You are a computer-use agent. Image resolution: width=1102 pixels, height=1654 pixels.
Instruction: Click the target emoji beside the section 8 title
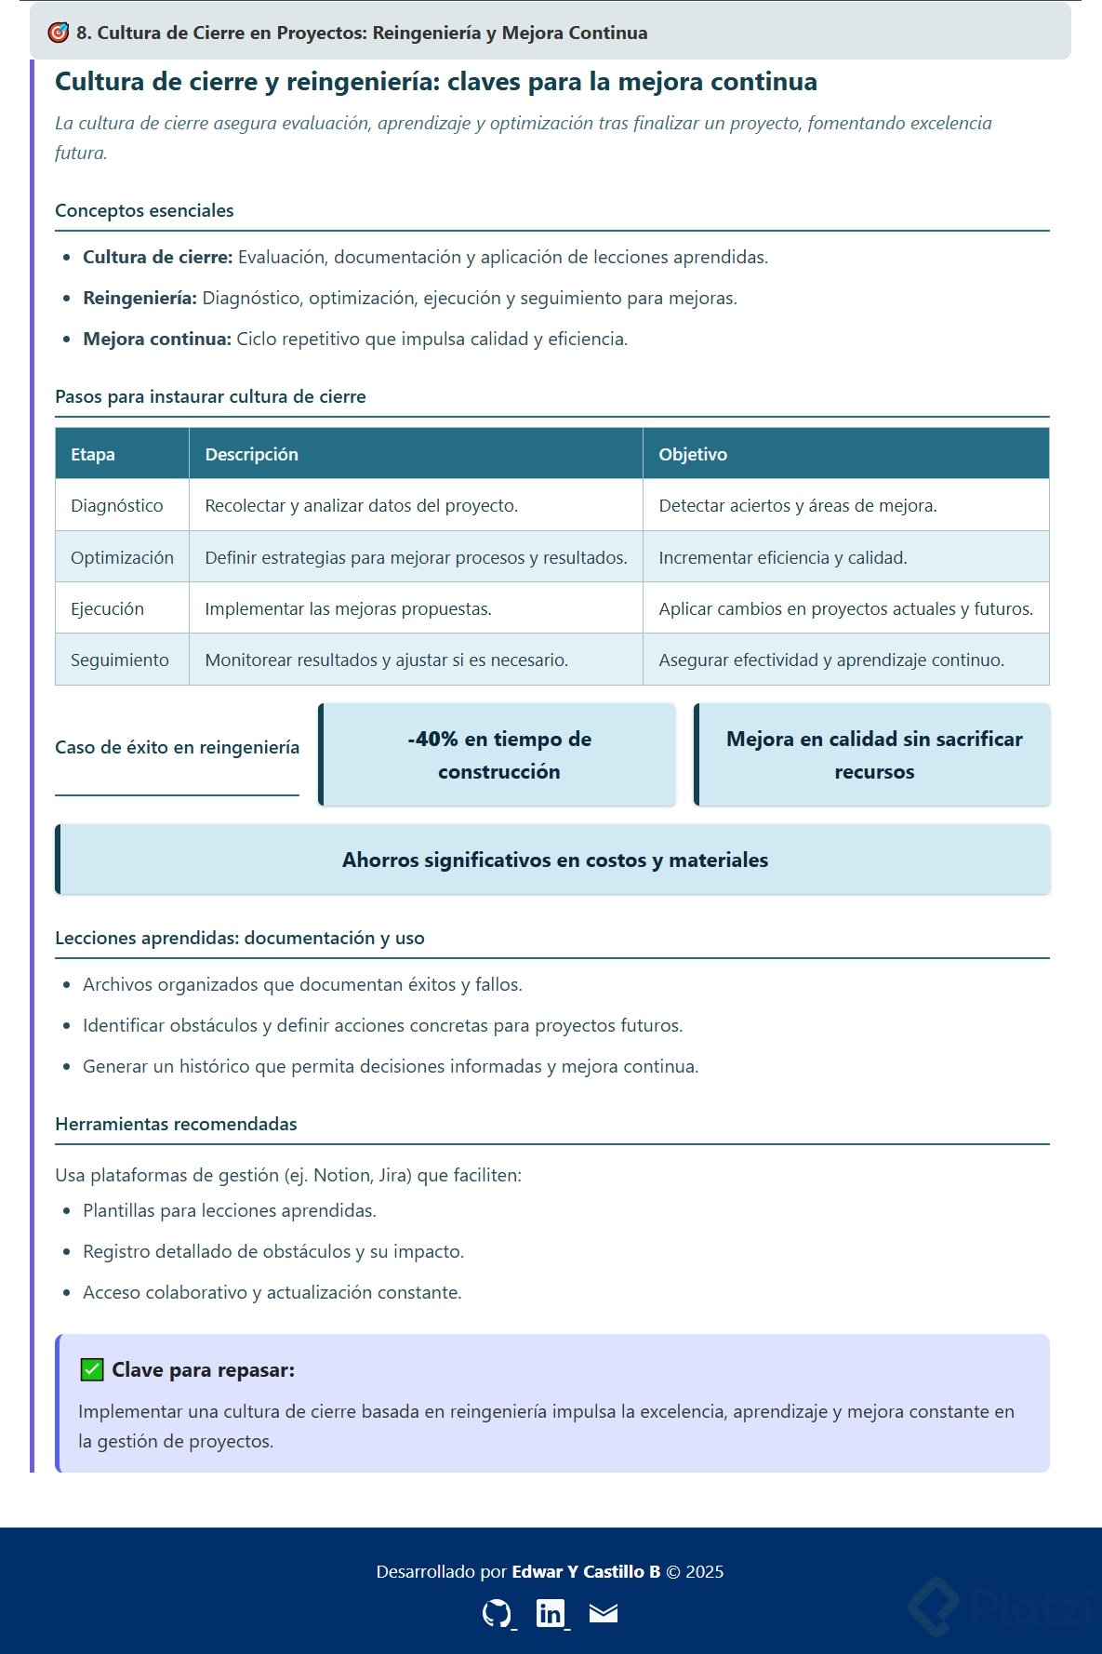tap(59, 33)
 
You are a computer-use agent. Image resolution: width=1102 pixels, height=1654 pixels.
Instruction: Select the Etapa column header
tap(93, 454)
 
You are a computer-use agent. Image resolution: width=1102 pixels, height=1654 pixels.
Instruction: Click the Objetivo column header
tap(693, 454)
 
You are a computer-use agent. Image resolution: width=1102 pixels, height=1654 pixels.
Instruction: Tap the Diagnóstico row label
tap(117, 505)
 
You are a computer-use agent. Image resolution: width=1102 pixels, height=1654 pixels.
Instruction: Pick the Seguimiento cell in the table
tap(120, 660)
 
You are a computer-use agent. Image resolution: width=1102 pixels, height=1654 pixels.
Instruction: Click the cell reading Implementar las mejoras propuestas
tap(348, 608)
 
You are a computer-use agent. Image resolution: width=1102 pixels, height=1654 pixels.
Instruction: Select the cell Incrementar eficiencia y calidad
tap(782, 557)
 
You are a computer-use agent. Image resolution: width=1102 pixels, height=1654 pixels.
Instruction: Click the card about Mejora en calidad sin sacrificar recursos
tap(873, 754)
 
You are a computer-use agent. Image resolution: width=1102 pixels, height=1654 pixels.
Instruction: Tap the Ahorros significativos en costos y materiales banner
tap(554, 860)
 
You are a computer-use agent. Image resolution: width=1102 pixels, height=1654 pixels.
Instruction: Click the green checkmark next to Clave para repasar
tap(91, 1369)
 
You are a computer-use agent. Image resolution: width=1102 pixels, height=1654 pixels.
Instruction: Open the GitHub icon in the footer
tap(497, 1612)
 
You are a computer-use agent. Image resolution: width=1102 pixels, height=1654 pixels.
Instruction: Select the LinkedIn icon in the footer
tap(551, 1612)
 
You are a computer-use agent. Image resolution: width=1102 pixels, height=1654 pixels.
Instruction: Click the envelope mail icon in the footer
tap(604, 1612)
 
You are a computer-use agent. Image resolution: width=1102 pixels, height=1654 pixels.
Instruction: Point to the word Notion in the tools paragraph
tap(340, 1175)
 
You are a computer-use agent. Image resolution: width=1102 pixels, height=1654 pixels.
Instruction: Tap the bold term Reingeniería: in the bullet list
tap(139, 298)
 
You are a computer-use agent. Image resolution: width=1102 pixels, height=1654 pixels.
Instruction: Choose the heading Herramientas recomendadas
tap(176, 1124)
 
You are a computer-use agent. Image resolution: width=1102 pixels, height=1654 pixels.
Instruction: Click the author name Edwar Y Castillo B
tap(586, 1571)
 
